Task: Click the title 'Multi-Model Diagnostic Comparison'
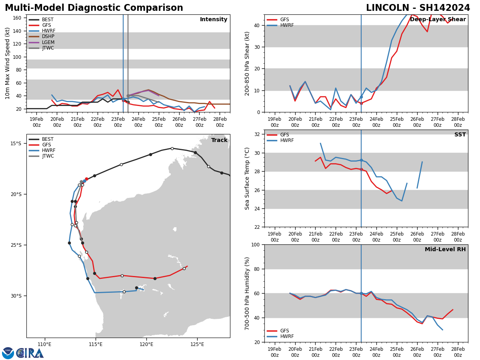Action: [x=94, y=8]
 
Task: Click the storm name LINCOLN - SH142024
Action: [x=418, y=8]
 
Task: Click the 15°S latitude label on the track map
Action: [x=16, y=144]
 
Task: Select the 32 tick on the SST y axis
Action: [x=258, y=134]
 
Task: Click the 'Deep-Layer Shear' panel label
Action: [x=438, y=20]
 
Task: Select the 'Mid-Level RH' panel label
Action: [x=445, y=250]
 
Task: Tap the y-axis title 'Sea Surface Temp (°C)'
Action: [x=248, y=178]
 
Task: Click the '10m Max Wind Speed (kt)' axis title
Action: [x=8, y=63]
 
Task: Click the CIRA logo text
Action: [x=30, y=353]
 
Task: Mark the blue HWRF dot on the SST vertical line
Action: [x=361, y=160]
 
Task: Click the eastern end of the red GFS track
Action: [x=187, y=266]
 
